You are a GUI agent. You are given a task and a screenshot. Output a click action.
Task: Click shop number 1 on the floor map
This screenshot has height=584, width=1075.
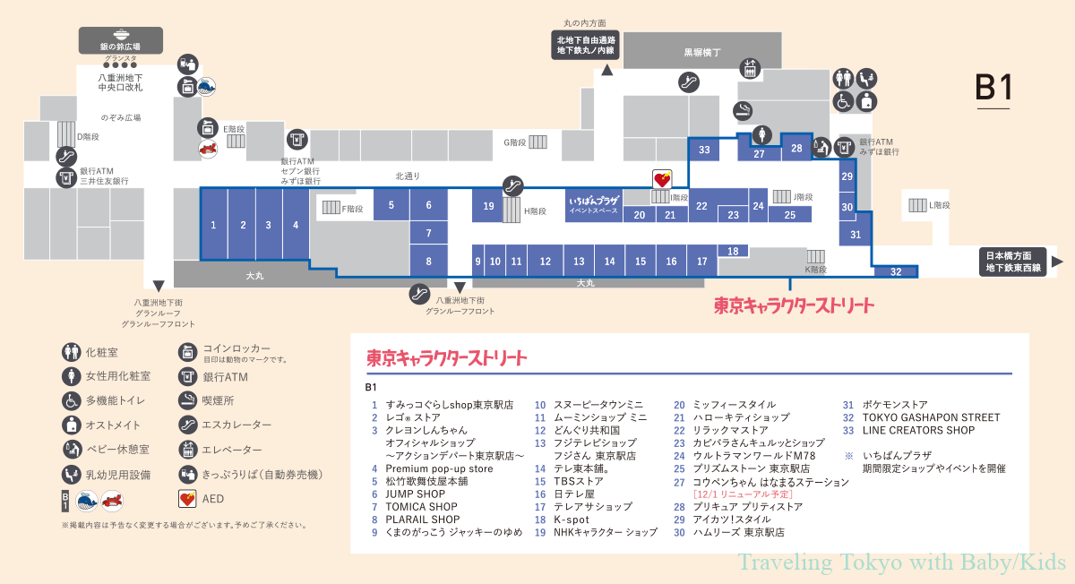213,225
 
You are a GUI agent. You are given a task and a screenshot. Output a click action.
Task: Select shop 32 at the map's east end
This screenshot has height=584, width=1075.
895,271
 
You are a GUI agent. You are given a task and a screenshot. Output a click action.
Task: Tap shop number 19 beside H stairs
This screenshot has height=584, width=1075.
488,206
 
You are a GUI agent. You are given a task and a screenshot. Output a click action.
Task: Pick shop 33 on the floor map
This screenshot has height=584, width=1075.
704,150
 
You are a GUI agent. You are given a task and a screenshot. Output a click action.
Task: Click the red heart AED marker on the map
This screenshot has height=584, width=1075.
661,177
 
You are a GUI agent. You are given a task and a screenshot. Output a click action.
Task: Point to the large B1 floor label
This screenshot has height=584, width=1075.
993,88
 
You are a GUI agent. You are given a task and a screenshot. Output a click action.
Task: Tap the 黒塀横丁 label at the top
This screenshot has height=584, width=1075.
702,52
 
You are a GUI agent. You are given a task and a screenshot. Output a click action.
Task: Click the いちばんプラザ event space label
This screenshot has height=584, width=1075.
594,205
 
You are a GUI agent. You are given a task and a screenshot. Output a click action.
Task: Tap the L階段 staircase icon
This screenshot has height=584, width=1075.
917,205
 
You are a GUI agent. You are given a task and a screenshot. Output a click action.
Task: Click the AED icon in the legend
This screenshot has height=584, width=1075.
187,499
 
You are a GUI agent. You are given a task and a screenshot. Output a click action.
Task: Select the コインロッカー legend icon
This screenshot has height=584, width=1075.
187,351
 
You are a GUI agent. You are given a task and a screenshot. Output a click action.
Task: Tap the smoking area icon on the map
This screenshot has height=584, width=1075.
742,110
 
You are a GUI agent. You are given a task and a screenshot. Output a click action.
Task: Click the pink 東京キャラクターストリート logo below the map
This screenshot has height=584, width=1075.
793,305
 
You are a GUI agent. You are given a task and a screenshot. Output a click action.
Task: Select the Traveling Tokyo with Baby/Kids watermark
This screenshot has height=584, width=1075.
901,563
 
